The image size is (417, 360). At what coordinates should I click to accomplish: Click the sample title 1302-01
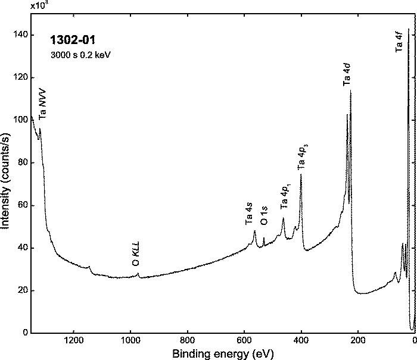tap(73, 41)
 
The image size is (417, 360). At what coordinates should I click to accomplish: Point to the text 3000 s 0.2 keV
tap(81, 54)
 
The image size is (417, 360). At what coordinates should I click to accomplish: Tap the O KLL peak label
tap(136, 254)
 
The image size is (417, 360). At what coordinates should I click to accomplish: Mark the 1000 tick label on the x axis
tap(130, 342)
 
